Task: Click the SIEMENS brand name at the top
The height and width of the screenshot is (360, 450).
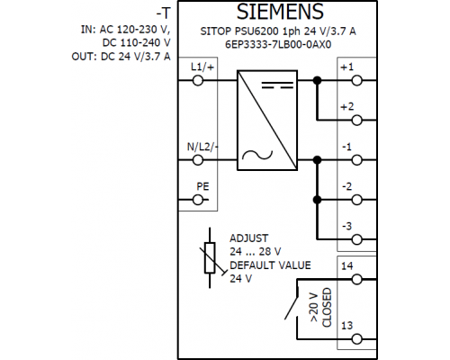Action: (280, 12)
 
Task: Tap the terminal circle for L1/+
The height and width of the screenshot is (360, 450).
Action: (198, 80)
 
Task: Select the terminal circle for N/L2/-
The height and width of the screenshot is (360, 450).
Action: (198, 160)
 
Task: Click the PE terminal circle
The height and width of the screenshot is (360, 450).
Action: (198, 200)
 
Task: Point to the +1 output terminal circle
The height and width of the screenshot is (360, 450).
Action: (356, 80)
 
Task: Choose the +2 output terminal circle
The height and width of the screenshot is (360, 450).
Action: (356, 121)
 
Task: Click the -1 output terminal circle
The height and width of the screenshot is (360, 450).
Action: (356, 160)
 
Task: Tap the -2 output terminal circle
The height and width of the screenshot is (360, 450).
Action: (356, 200)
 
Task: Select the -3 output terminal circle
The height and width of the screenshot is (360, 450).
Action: (356, 239)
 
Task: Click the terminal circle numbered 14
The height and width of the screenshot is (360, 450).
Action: (356, 279)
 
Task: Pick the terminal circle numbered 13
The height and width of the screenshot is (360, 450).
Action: (356, 339)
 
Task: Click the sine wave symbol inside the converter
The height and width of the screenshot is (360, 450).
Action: (257, 155)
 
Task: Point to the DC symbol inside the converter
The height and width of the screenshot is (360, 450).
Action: (277, 85)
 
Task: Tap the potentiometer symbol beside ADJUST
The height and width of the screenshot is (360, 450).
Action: (210, 257)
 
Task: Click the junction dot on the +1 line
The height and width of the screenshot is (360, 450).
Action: (317, 80)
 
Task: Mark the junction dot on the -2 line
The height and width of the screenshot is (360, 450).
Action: (317, 200)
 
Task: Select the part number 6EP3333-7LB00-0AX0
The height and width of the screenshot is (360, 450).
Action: (278, 44)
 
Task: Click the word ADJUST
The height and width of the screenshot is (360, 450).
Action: (248, 238)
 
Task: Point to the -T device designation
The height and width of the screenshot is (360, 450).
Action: (163, 13)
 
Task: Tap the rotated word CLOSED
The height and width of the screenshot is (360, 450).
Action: (327, 308)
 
